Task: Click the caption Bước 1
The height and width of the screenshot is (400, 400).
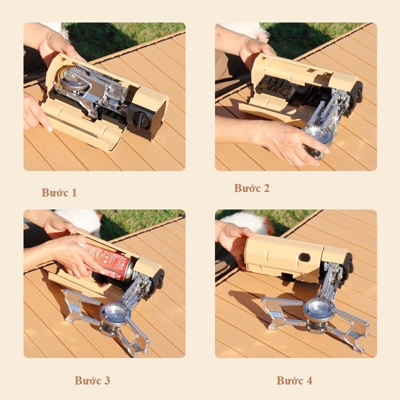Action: tap(59, 192)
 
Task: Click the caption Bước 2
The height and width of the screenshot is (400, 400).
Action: tap(252, 188)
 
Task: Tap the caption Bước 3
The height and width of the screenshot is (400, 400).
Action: tap(92, 380)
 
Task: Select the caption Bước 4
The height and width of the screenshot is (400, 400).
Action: tap(294, 380)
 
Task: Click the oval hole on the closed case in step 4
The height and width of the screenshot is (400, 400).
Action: tap(304, 257)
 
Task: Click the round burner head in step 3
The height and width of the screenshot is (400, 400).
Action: tap(114, 314)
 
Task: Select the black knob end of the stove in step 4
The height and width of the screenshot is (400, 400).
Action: tap(348, 265)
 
